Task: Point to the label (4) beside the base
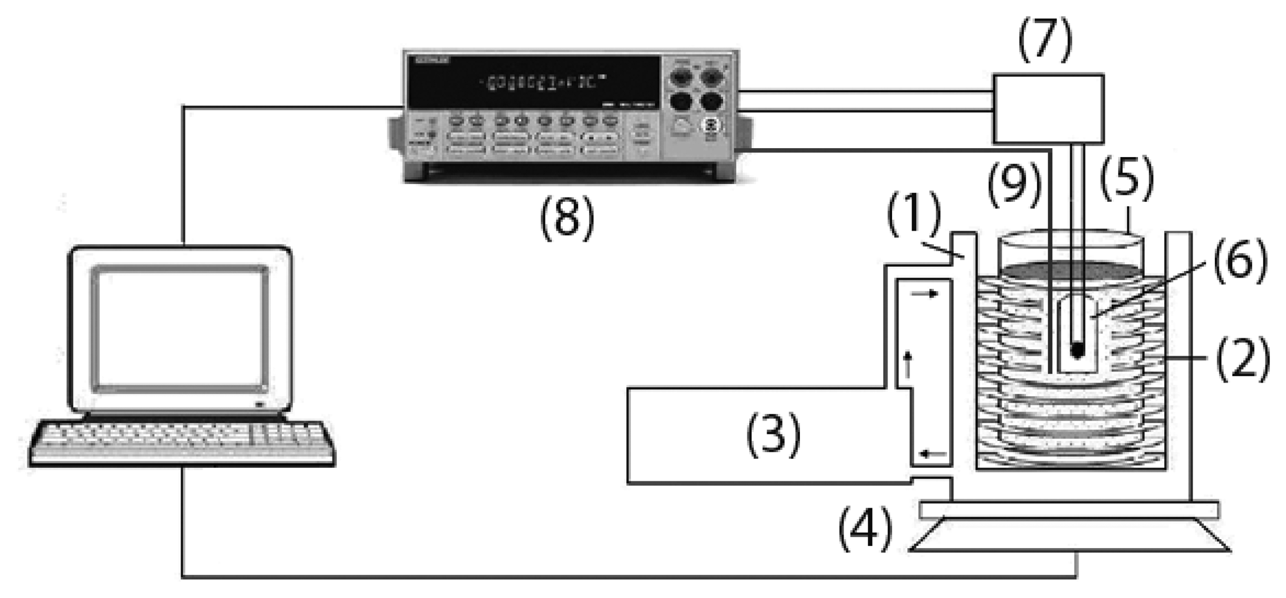point(866,529)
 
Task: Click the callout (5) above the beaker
point(1127,180)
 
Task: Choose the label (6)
point(1239,259)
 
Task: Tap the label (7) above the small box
point(1045,40)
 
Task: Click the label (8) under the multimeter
point(567,218)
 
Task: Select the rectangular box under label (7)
point(1048,108)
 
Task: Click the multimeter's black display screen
point(535,82)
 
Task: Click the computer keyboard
point(183,443)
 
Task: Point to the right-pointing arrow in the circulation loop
point(925,294)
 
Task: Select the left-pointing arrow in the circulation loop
point(932,455)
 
